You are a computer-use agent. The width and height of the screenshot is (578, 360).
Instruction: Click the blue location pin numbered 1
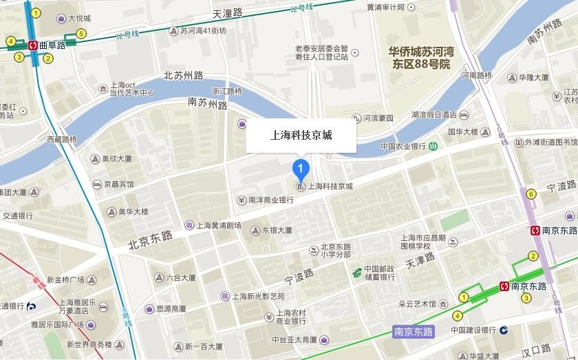tap(300, 167)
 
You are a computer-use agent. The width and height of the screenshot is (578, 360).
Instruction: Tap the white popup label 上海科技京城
tap(301, 135)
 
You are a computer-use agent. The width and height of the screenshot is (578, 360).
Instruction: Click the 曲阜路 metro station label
tap(52, 45)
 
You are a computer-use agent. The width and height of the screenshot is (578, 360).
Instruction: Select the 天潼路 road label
tap(228, 13)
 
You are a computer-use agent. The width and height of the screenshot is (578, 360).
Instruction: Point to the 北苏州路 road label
tap(184, 76)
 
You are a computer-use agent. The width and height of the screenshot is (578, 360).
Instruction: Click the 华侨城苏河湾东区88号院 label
tap(421, 58)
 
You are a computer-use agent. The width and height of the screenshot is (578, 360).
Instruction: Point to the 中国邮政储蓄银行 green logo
tap(357, 273)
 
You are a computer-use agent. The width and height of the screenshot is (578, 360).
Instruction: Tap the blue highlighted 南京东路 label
tap(414, 332)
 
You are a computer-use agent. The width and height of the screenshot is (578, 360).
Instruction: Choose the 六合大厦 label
tap(180, 278)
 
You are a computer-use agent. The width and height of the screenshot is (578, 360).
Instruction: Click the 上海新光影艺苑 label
tap(257, 296)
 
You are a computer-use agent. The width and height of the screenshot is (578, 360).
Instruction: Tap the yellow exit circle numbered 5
tap(81, 34)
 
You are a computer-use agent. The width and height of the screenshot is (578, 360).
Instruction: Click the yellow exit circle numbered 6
tap(531, 194)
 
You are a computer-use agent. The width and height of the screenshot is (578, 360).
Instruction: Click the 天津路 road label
tap(420, 260)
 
